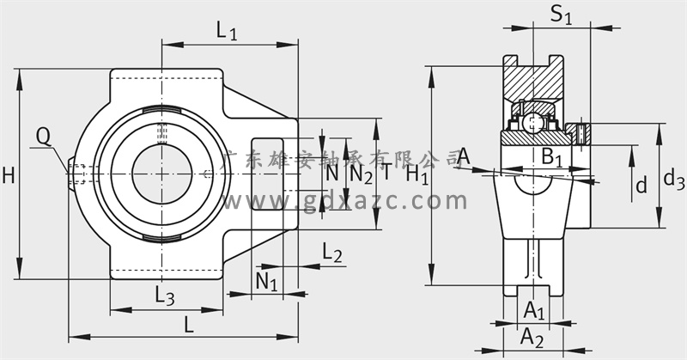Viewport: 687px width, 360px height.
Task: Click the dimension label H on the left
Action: (x=9, y=175)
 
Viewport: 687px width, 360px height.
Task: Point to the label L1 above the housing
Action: (x=227, y=31)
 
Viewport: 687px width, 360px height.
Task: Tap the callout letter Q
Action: (x=44, y=137)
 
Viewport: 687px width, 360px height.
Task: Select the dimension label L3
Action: (x=165, y=296)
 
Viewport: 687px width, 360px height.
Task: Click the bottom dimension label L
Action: (x=188, y=325)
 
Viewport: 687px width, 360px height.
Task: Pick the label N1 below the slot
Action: (x=266, y=282)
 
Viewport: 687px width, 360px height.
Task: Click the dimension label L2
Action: (x=332, y=253)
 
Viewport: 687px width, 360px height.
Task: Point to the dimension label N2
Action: (x=362, y=174)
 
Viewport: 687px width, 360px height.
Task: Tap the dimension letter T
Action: (x=386, y=172)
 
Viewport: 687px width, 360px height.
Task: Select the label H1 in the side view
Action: (x=416, y=174)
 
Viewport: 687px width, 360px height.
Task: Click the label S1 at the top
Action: (x=562, y=15)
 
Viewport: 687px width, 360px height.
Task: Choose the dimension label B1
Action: (x=551, y=157)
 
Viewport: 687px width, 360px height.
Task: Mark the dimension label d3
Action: (x=674, y=179)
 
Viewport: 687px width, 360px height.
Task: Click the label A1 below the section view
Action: (x=534, y=310)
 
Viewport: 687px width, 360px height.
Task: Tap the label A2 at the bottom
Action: (x=532, y=338)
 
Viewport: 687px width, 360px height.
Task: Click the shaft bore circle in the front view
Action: (x=162, y=174)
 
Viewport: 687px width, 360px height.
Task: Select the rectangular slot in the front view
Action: (x=268, y=174)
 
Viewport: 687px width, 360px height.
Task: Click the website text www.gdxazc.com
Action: (x=345, y=200)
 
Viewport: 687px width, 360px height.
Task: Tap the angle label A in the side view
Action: (x=464, y=156)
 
